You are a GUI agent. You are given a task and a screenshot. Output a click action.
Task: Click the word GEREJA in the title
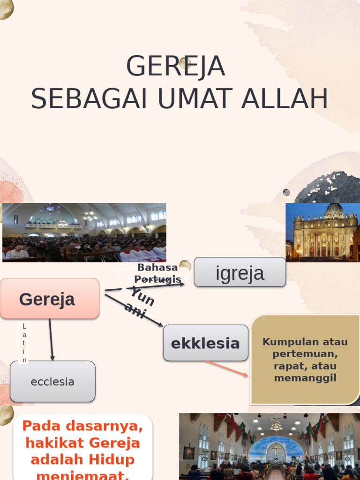tap(176, 67)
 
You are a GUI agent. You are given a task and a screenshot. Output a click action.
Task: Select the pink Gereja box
tap(49, 299)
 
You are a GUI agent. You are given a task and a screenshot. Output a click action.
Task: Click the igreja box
tap(240, 272)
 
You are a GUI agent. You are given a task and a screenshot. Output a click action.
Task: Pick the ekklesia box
tap(205, 343)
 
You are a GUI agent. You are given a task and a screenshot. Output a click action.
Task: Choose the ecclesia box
tap(52, 382)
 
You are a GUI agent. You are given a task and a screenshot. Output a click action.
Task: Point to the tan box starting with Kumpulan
tap(305, 360)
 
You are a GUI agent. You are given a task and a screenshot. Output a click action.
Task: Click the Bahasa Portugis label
tap(157, 273)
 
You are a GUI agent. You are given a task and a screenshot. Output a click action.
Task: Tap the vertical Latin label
tap(24, 343)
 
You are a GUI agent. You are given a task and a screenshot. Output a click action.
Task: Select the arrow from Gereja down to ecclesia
tap(51, 340)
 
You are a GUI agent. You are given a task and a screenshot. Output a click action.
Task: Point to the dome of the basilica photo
tap(334, 211)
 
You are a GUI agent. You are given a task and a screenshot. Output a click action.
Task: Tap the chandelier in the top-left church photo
tap(90, 216)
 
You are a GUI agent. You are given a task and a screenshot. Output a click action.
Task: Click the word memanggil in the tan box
tap(305, 378)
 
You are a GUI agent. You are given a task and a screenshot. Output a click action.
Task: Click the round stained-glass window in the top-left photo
tap(50, 208)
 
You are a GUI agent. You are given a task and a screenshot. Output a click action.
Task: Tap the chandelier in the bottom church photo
tap(276, 425)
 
